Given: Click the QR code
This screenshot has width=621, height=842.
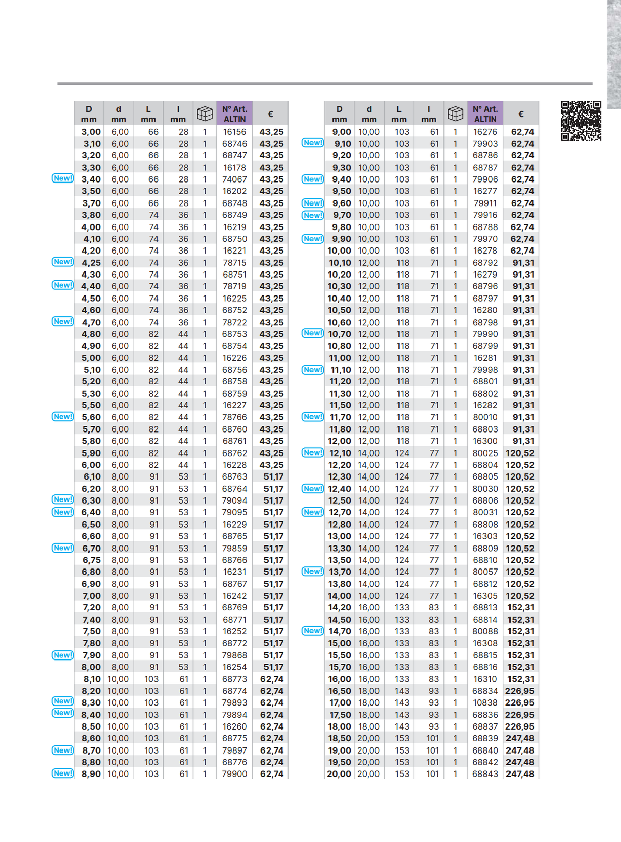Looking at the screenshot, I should coord(581,121).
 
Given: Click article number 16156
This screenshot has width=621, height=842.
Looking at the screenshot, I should coord(234,132).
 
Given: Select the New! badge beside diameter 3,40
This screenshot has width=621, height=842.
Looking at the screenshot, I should coord(62,178).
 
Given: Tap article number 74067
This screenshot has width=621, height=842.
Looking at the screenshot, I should coord(234,179).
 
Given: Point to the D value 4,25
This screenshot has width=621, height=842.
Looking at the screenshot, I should coord(91,263).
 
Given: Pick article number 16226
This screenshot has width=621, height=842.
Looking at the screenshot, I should coord(234,358).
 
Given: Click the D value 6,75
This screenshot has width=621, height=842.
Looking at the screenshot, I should coord(92,560).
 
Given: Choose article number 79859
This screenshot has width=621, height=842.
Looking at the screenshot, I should coord(234,548).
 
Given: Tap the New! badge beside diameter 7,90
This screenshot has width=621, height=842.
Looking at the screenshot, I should coord(62,655).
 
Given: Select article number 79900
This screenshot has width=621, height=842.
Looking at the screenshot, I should coord(234,774).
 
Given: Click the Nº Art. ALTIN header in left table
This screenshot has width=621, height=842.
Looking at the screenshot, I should coord(234,113).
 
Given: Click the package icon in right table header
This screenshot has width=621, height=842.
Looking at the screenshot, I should coord(455,113).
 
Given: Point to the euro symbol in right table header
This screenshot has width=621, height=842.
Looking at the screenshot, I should coord(521,114).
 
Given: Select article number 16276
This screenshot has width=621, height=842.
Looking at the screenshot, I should coord(485,132).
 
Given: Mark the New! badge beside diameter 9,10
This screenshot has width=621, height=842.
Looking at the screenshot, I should coord(313,143).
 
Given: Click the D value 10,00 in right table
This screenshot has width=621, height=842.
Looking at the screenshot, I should coord(340,251).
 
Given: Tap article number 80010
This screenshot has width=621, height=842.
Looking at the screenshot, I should coord(485,417).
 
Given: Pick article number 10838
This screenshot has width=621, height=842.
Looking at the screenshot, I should coord(485,703).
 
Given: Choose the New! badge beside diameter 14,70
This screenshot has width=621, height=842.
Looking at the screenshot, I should coord(313,631).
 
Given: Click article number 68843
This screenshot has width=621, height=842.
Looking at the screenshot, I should coord(485,774).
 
